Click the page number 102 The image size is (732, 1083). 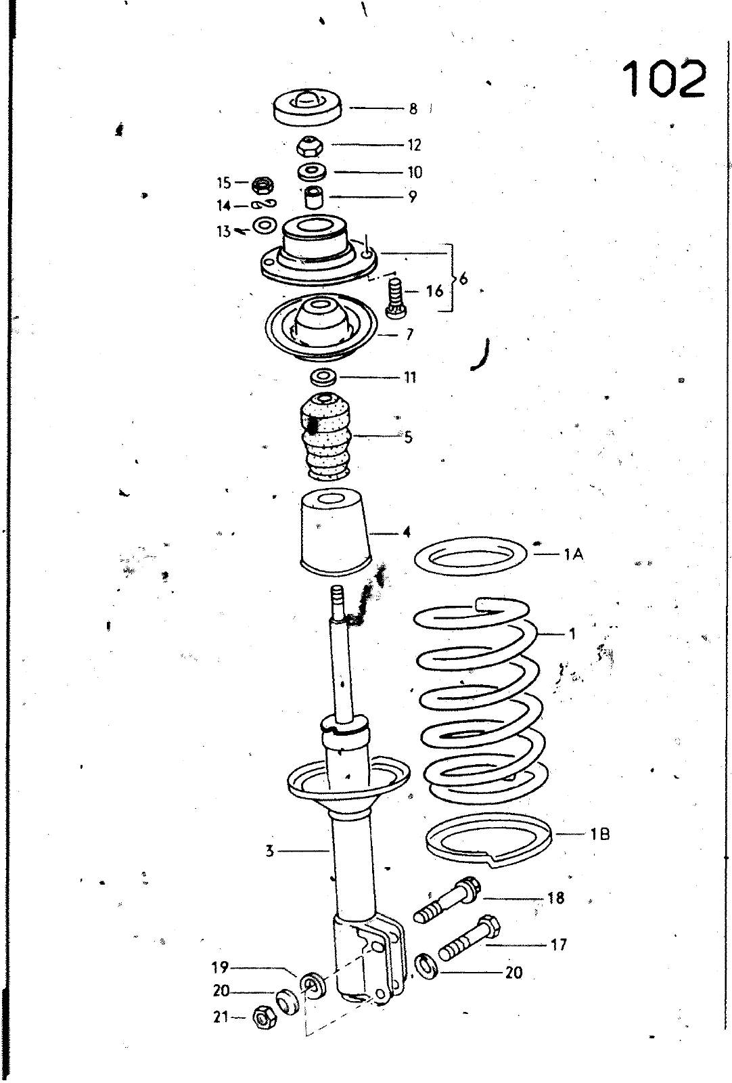pyautogui.click(x=664, y=79)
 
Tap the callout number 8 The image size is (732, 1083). pyautogui.click(x=413, y=109)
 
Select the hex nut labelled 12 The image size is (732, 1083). pyautogui.click(x=307, y=145)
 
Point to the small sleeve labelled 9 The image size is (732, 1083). pyautogui.click(x=313, y=197)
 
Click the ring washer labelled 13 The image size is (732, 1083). pyautogui.click(x=265, y=225)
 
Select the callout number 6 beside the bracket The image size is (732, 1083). pyautogui.click(x=464, y=279)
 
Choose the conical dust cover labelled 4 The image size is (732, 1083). pyautogui.click(x=336, y=533)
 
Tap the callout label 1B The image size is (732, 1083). pyautogui.click(x=599, y=834)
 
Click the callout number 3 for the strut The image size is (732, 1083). pyautogui.click(x=270, y=851)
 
